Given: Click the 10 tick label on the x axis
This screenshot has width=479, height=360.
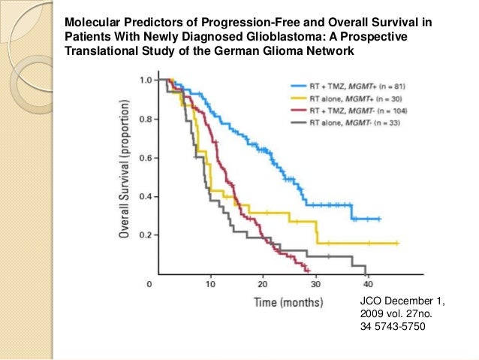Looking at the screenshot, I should coord(211,285).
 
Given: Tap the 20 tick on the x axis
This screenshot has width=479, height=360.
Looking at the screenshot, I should coord(263,285).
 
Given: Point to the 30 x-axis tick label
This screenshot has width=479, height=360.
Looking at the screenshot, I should coord(315,285).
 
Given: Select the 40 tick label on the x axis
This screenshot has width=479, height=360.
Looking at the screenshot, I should coord(368,285).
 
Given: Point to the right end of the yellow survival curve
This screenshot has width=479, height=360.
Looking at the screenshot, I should coord(397,244).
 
